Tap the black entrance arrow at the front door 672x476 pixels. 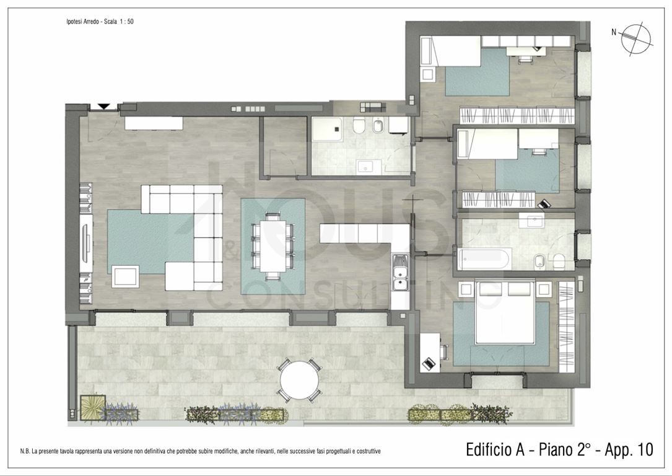coord(103,107)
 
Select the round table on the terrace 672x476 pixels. coord(299,381)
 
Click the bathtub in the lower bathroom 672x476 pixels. coord(484,259)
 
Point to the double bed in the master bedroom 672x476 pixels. coord(505,312)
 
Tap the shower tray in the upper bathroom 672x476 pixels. coord(327,129)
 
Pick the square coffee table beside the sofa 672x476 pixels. coord(125,276)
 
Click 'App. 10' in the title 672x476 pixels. coord(629,449)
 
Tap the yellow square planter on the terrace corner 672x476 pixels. coord(92,407)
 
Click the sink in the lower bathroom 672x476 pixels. coord(531,221)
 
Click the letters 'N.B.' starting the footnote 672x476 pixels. coord(25,451)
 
